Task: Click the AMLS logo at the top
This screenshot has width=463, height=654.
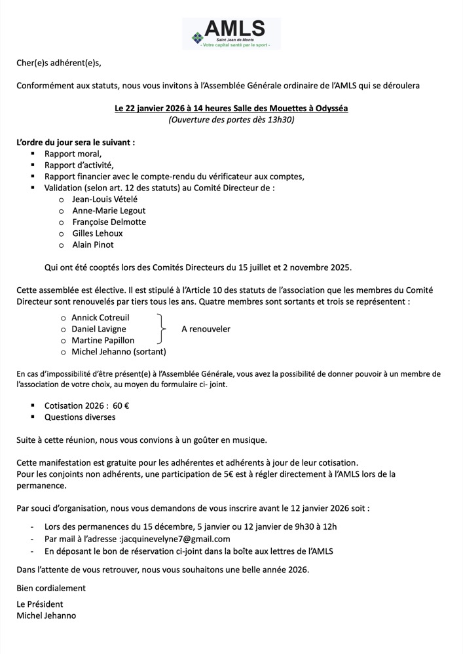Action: point(232,33)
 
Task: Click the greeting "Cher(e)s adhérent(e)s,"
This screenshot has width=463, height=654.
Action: point(60,63)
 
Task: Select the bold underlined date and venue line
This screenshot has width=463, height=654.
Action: point(232,108)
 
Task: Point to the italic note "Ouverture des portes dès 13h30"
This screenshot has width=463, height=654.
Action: point(232,120)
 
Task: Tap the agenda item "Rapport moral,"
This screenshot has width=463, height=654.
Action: point(73,154)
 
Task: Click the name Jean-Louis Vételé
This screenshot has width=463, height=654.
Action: point(105,199)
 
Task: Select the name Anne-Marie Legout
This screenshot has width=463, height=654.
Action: point(109,211)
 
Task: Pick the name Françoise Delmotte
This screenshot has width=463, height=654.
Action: point(109,222)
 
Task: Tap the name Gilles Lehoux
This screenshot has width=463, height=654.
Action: point(98,233)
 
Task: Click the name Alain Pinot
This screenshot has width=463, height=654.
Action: point(93,245)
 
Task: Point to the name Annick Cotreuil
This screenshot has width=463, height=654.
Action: point(100,317)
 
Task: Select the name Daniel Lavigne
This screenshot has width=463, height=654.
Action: point(99,329)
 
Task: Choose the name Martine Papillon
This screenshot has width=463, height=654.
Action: point(103,340)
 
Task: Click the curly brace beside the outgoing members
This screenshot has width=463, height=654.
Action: point(160,329)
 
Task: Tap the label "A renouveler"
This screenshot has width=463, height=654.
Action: point(206,329)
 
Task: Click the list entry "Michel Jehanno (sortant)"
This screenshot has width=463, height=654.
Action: point(119,352)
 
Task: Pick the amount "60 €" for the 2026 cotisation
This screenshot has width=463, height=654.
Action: point(121,405)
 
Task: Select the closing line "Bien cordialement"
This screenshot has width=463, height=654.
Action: point(51,588)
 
